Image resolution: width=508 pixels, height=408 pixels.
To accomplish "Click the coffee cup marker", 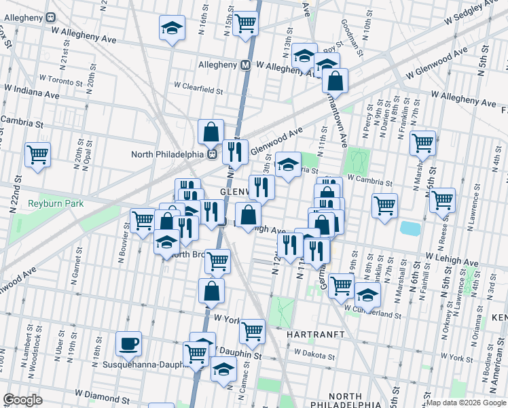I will click(128, 344).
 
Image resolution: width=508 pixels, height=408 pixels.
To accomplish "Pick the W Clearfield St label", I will click(198, 88).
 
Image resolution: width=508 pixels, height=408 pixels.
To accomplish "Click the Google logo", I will click(23, 400).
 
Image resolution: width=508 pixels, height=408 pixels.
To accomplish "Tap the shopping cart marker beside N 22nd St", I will click(37, 154).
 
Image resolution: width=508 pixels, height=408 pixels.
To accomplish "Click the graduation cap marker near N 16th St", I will click(173, 29).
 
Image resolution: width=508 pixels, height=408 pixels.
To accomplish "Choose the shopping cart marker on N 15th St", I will click(245, 24).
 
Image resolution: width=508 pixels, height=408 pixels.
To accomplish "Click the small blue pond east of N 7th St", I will click(410, 228).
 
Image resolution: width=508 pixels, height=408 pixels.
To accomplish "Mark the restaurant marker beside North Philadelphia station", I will click(235, 152).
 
